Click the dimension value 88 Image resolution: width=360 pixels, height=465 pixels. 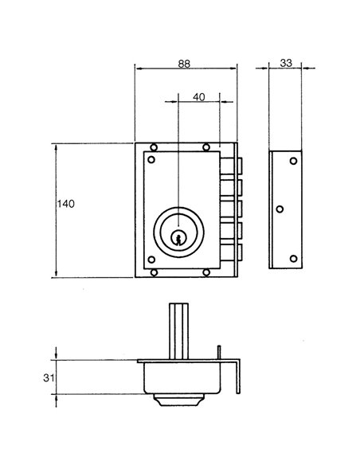(x=184, y=64)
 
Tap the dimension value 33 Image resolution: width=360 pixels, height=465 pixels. (x=286, y=63)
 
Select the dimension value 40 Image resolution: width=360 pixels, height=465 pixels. (x=198, y=97)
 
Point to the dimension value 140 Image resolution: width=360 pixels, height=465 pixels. (x=66, y=204)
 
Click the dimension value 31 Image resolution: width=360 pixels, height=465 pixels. (x=49, y=377)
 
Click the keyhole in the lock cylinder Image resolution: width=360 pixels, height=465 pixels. (x=178, y=238)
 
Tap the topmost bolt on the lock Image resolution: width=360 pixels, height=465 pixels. (x=231, y=166)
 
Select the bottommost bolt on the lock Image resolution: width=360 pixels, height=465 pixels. (x=231, y=252)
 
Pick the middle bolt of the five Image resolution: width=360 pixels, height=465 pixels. (x=231, y=209)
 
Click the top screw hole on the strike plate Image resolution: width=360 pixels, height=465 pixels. (x=293, y=161)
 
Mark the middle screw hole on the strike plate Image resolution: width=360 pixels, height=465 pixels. (x=280, y=209)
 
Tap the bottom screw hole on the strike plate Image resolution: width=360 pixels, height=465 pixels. (x=293, y=259)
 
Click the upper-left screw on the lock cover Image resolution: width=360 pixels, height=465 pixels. (x=151, y=159)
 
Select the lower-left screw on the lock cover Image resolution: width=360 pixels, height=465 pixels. (x=151, y=260)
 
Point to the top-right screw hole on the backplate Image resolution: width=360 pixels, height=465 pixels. (x=206, y=147)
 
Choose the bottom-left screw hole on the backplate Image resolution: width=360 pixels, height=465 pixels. (x=154, y=272)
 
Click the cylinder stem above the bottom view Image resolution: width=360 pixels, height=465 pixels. (x=179, y=331)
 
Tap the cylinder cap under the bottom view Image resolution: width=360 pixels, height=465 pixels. (x=179, y=400)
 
